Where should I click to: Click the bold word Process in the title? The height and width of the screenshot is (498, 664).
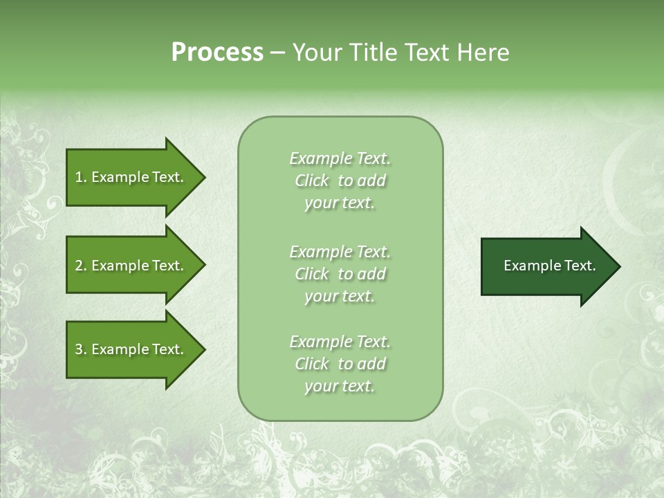click(217, 53)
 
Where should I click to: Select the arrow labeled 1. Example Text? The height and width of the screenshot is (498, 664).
click(131, 177)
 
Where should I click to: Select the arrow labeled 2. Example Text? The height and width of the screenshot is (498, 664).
click(131, 266)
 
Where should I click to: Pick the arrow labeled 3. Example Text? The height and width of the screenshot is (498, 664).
click(131, 349)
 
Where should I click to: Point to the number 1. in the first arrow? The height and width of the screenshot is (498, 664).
click(81, 177)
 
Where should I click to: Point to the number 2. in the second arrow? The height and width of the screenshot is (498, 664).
click(81, 266)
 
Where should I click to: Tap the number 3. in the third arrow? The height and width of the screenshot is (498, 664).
click(81, 349)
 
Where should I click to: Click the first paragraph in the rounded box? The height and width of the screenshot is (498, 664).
click(340, 181)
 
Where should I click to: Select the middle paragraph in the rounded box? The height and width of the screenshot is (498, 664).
click(340, 274)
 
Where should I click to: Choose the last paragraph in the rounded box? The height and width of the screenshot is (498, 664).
click(340, 364)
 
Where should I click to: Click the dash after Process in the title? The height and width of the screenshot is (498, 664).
click(277, 53)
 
